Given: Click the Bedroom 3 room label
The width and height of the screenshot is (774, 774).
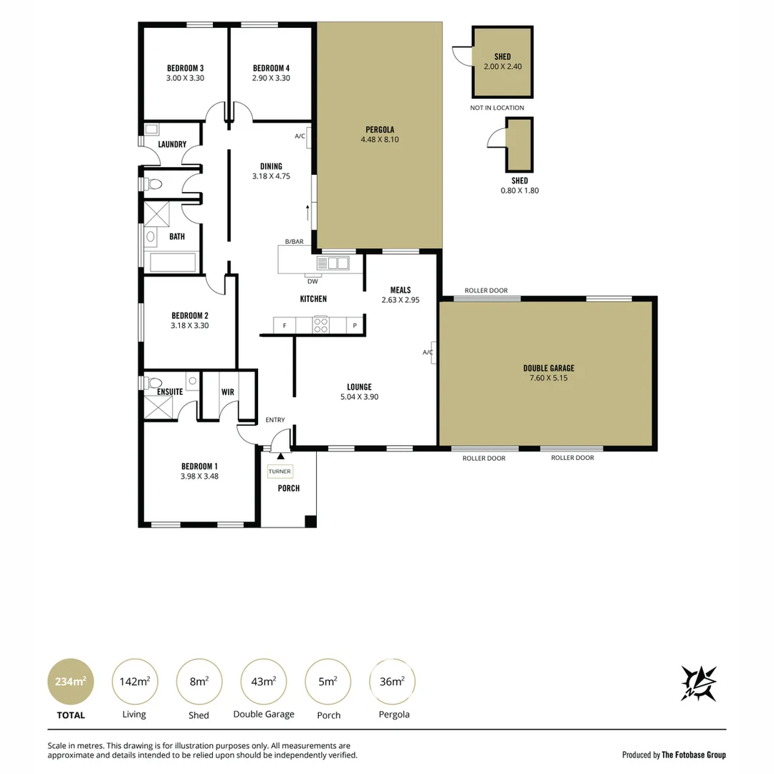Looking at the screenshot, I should point(185,68).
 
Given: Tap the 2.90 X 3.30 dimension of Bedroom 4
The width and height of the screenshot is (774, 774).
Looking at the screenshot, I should point(271,78).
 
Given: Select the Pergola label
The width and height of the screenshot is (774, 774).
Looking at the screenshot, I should point(380,130).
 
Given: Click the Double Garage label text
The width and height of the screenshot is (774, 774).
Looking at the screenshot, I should point(548,368).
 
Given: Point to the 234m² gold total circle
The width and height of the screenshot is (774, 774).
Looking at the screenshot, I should point(70,682).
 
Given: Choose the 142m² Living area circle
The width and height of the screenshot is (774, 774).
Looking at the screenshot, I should point(135,682).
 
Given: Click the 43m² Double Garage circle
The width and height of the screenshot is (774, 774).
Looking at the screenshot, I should point(264,682).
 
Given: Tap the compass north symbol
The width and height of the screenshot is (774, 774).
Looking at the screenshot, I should point(698,683).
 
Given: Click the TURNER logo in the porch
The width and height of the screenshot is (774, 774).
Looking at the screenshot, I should point(279,472).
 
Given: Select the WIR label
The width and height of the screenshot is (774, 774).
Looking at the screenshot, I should point(228,392).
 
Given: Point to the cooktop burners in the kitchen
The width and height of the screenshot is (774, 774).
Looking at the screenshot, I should point(321,325).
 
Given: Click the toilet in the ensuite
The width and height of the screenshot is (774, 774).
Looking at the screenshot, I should point(153,383).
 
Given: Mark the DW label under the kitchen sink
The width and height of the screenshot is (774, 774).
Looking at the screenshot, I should point(312,282).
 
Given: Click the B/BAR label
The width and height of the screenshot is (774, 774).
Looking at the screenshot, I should point(294,242).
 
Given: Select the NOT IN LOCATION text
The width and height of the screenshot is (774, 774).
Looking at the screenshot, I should point(497,108).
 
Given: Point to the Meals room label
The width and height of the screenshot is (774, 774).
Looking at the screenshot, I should point(401,290).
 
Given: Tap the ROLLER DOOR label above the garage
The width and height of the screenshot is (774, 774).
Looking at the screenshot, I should point(486,291).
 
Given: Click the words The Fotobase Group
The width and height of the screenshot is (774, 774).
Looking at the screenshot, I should point(693,755).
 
